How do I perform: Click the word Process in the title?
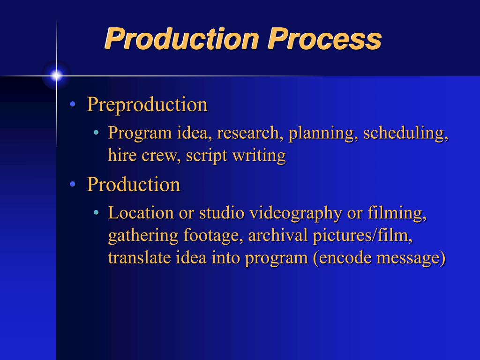coord(324,39)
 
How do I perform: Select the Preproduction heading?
coord(147,105)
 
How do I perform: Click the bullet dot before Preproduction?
coord(73,105)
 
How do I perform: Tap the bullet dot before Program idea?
coord(96,134)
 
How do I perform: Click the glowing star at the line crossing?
coord(57,75)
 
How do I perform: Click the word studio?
coord(222,213)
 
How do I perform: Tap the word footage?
coord(213,236)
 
